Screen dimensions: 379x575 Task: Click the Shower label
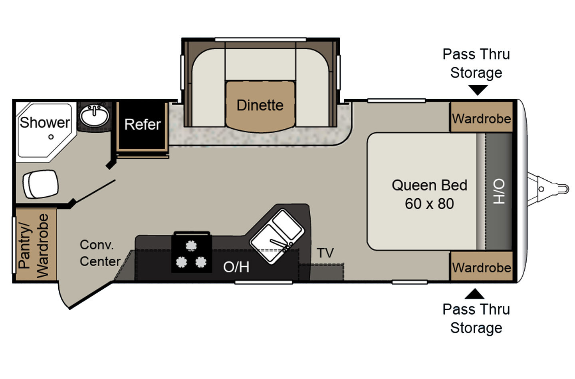point(45,122)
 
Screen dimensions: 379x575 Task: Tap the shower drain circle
point(51,137)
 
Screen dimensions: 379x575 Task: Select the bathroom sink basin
point(94,116)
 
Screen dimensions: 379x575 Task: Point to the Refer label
point(142,124)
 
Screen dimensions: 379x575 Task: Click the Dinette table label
point(260,105)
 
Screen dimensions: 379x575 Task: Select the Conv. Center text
point(100,253)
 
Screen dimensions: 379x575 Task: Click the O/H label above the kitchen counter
point(236,267)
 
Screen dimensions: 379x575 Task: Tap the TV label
point(325,253)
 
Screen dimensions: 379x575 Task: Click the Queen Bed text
point(429,186)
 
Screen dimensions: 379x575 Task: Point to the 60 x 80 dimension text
point(429,204)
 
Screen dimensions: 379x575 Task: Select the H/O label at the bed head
point(499,191)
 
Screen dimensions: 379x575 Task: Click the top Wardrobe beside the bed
point(481,118)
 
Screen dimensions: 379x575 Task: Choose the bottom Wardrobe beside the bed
point(481,267)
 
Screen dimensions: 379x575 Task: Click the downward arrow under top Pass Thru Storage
point(477,90)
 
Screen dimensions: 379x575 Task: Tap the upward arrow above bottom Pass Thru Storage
point(474,295)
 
